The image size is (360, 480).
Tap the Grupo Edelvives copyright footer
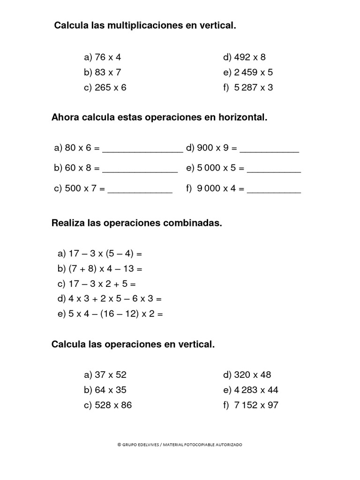pos(180,444)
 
